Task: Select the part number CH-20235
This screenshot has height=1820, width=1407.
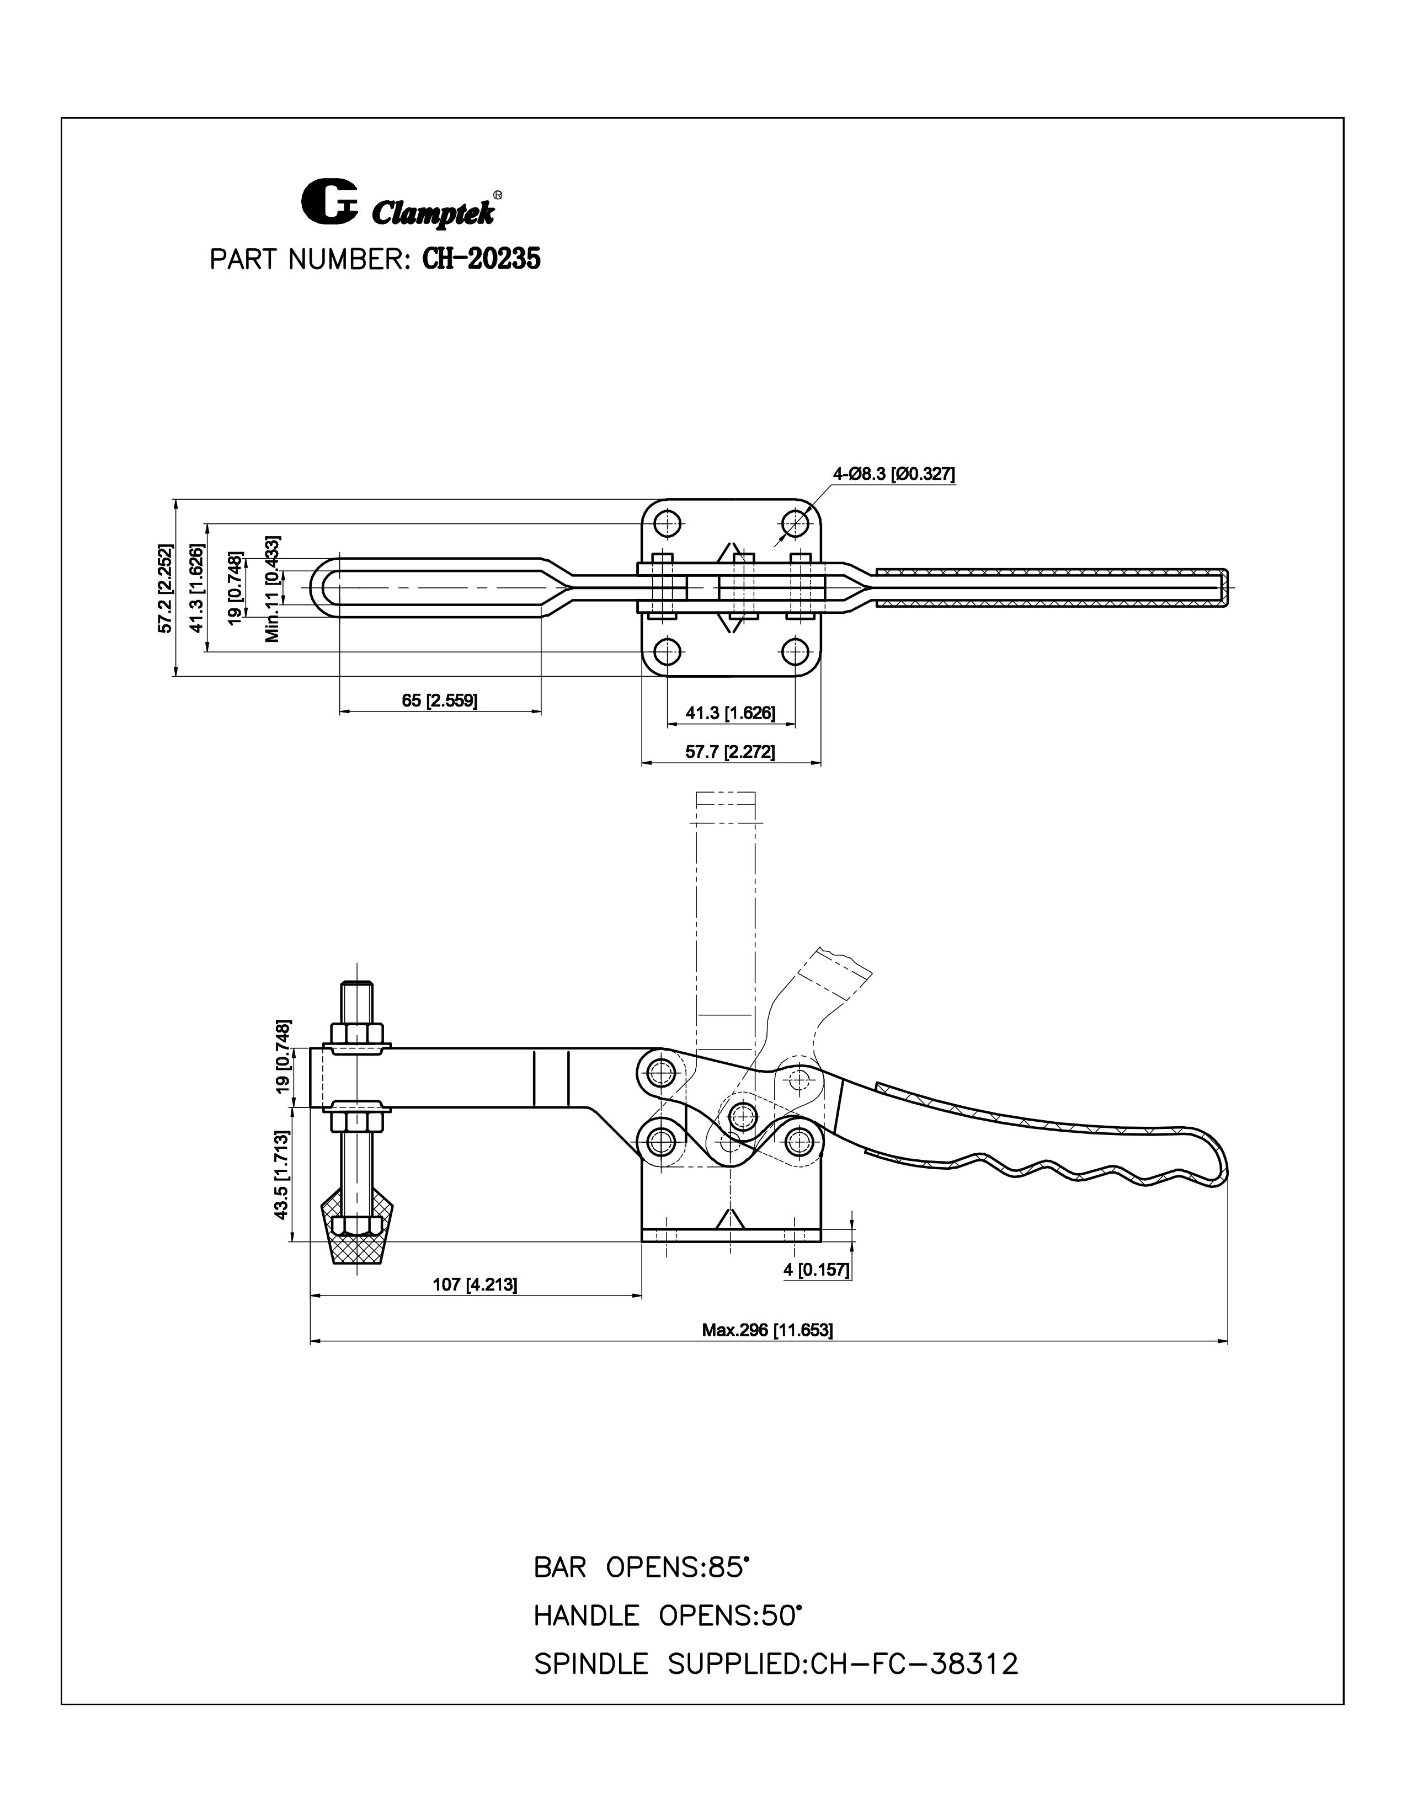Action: (x=482, y=259)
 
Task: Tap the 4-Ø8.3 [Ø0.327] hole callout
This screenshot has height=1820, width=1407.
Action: (x=893, y=474)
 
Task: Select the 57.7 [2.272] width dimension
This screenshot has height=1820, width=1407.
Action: (x=729, y=752)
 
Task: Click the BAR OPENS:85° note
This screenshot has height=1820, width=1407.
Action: (x=641, y=1567)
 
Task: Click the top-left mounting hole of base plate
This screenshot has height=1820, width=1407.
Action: (x=667, y=525)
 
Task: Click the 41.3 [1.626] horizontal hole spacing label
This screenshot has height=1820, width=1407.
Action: (x=730, y=713)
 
